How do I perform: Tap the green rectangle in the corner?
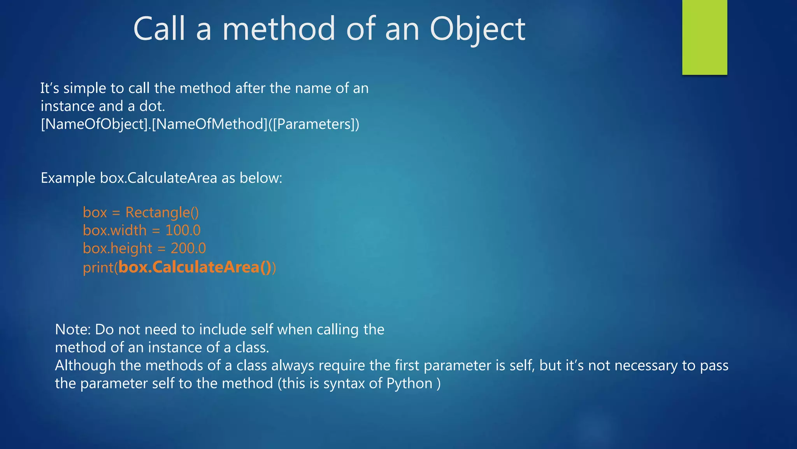(x=704, y=37)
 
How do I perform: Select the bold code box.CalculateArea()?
(x=195, y=267)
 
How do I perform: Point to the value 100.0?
(x=183, y=230)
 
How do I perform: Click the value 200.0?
(x=188, y=248)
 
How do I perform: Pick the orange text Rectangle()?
(x=162, y=212)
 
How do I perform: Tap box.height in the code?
(x=118, y=248)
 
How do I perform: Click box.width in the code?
(x=115, y=230)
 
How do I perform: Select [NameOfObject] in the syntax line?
(x=94, y=124)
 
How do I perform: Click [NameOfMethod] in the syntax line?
(x=210, y=124)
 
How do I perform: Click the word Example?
(x=68, y=178)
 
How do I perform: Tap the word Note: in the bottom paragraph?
(x=73, y=330)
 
